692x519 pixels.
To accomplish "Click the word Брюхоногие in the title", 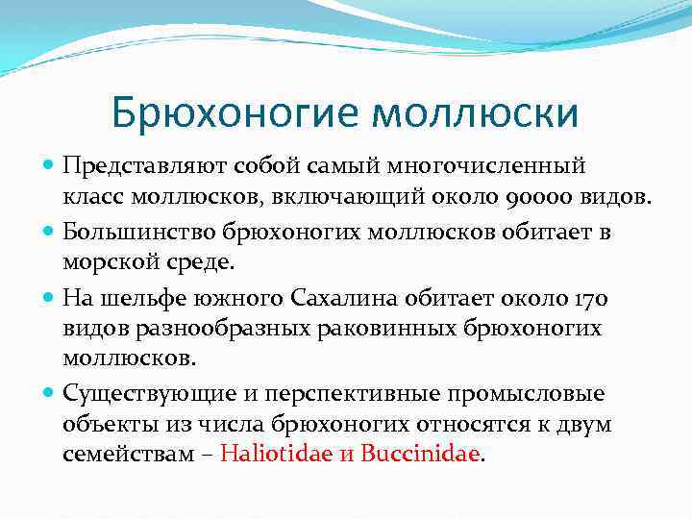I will tap(235, 112).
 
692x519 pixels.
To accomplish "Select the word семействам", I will tap(116, 455).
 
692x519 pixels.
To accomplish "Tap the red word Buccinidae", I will tap(419, 455).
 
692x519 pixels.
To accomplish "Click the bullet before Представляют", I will tap(49, 167).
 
